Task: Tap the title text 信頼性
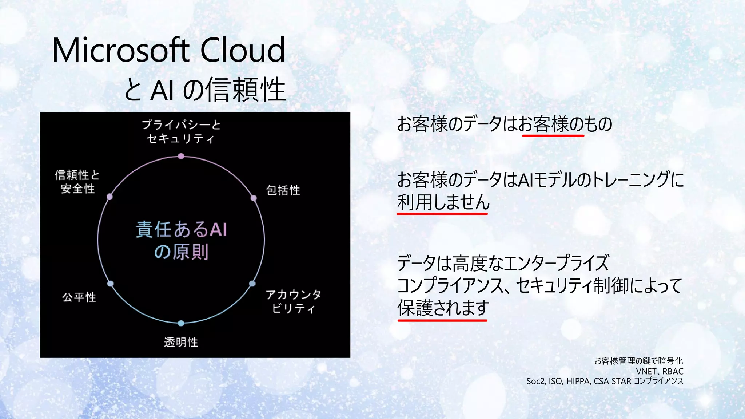246,90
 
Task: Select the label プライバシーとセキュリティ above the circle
181,132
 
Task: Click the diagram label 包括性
283,190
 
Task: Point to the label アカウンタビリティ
293,301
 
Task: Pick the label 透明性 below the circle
181,342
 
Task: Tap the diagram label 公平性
79,297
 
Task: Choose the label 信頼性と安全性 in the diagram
77,182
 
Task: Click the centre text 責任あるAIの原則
181,240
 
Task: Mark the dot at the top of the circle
181,156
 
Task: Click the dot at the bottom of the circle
181,323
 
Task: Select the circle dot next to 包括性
254,198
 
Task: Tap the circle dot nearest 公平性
111,284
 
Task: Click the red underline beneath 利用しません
442,214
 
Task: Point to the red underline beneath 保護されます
442,320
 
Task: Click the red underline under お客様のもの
553,135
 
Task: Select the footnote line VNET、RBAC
660,371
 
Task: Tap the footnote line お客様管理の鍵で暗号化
638,361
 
